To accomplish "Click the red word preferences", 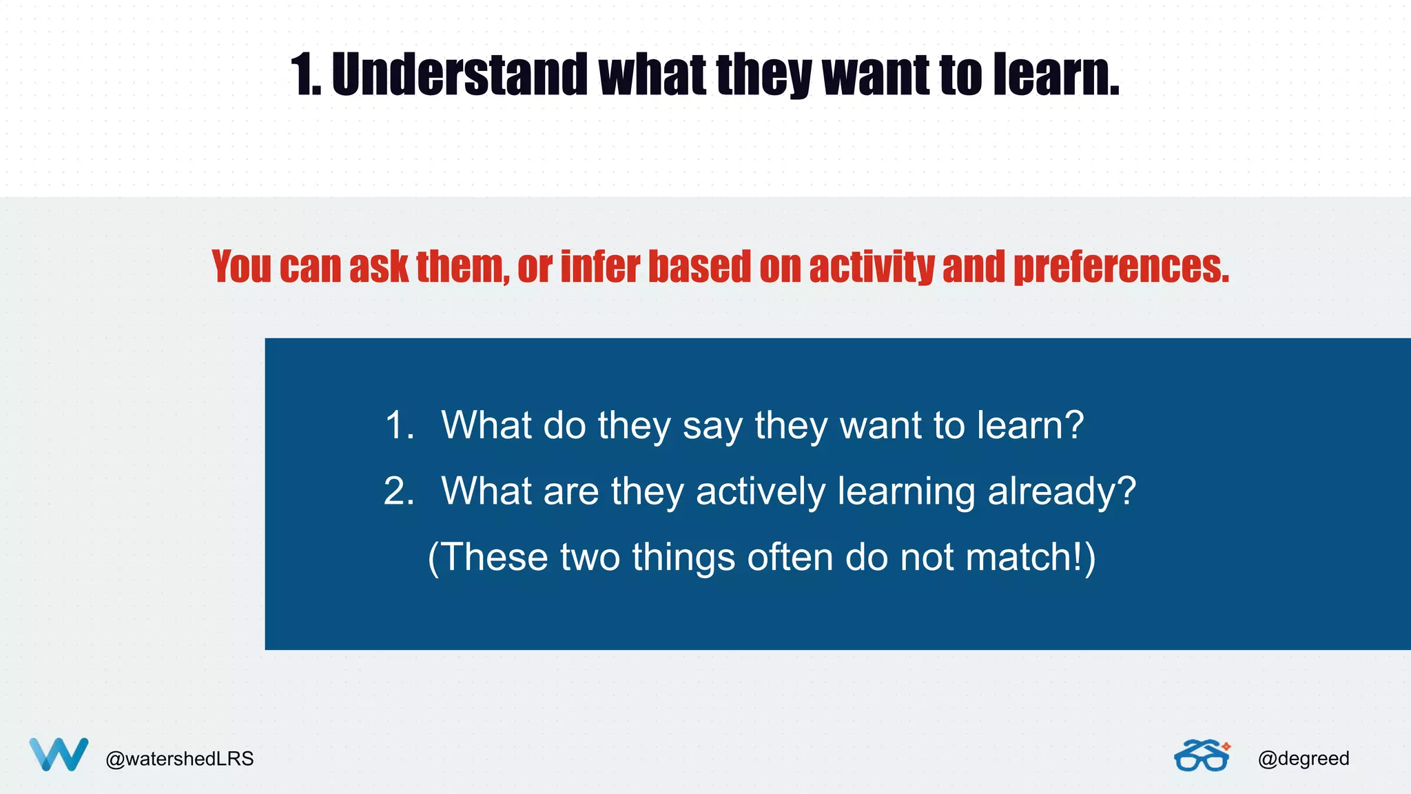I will tap(1121, 267).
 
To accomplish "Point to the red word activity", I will tap(872, 267).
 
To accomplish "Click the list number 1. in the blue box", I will tap(400, 425).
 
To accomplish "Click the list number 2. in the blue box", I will tap(400, 491).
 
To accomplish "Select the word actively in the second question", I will tap(761, 492).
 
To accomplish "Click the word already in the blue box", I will tap(1061, 492).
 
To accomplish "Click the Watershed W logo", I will tap(59, 754).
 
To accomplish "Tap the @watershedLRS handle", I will tap(179, 759).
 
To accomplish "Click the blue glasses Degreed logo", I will tap(1202, 755).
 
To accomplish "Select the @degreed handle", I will tap(1303, 759).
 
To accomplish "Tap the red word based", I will tap(699, 267).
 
